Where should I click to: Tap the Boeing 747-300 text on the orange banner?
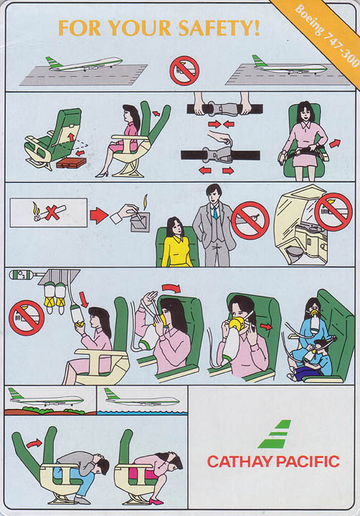tap(327, 37)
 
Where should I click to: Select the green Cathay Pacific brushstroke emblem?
tap(274, 434)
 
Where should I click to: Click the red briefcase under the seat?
tap(71, 163)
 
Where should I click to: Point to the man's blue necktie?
tap(214, 213)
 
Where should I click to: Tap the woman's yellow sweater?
tap(176, 251)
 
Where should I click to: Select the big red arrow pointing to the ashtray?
tap(99, 216)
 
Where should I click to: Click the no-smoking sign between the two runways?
tap(184, 71)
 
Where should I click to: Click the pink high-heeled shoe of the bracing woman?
tap(156, 501)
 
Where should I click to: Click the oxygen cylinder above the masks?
tap(22, 274)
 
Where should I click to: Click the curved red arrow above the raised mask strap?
tap(171, 288)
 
